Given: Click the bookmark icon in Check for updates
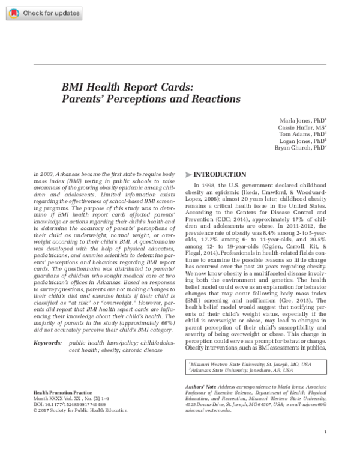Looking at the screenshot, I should (x=14, y=12).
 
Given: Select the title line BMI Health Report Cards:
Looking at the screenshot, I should (x=127, y=86).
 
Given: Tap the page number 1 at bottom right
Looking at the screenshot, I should (x=324, y=449).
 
